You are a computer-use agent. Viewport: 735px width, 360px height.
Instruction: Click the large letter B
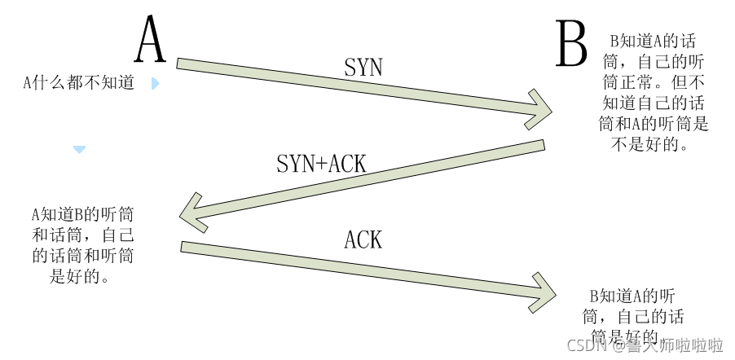point(572,45)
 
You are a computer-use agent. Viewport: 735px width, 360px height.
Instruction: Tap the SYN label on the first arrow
point(363,68)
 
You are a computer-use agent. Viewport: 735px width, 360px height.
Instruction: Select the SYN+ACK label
point(322,163)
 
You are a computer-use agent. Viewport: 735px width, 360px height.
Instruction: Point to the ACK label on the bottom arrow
point(363,239)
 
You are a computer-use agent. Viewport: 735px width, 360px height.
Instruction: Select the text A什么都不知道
point(78,83)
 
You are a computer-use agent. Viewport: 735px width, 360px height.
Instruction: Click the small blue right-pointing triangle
point(155,83)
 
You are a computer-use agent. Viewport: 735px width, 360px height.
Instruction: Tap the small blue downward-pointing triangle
point(79,150)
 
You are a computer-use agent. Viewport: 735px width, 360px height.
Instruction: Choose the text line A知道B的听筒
point(83,215)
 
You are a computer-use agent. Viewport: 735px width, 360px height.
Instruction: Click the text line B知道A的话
point(653,41)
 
